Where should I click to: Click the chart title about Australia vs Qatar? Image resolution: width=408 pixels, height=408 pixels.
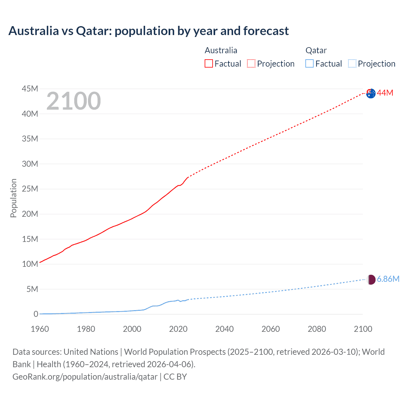pyautogui.click(x=149, y=31)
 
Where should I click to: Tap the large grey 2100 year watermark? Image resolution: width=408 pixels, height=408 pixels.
pyautogui.click(x=74, y=101)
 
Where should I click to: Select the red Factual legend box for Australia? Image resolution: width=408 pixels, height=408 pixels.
pyautogui.click(x=208, y=64)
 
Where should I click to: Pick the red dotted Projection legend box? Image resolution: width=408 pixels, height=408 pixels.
pyautogui.click(x=251, y=64)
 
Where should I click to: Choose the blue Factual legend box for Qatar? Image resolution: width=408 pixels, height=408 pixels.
pyautogui.click(x=310, y=64)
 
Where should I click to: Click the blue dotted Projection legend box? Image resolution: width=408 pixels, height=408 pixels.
pyautogui.click(x=352, y=64)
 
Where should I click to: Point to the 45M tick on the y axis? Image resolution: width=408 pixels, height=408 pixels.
pyautogui.click(x=30, y=89)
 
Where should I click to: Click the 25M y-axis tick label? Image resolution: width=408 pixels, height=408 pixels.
pyautogui.click(x=30, y=189)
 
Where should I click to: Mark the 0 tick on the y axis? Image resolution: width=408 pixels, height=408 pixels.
pyautogui.click(x=36, y=314)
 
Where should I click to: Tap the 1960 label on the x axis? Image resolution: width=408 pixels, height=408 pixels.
pyautogui.click(x=40, y=329)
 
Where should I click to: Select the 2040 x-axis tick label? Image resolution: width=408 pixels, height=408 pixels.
pyautogui.click(x=224, y=329)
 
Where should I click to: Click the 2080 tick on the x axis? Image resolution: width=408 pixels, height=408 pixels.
pyautogui.click(x=317, y=329)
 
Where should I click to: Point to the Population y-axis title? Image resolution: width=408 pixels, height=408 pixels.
pyautogui.click(x=13, y=198)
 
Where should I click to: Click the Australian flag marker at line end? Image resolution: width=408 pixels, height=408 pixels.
pyautogui.click(x=371, y=93)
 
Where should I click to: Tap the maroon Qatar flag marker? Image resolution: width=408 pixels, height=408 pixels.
pyautogui.click(x=371, y=280)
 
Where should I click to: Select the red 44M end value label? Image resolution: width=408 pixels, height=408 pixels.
pyautogui.click(x=385, y=93)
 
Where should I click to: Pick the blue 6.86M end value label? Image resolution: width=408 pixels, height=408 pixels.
pyautogui.click(x=388, y=279)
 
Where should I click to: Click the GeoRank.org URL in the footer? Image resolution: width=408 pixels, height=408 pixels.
pyautogui.click(x=85, y=377)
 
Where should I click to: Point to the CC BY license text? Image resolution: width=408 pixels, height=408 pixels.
pyautogui.click(x=175, y=377)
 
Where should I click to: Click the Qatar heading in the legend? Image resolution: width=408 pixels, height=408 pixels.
pyautogui.click(x=316, y=50)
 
